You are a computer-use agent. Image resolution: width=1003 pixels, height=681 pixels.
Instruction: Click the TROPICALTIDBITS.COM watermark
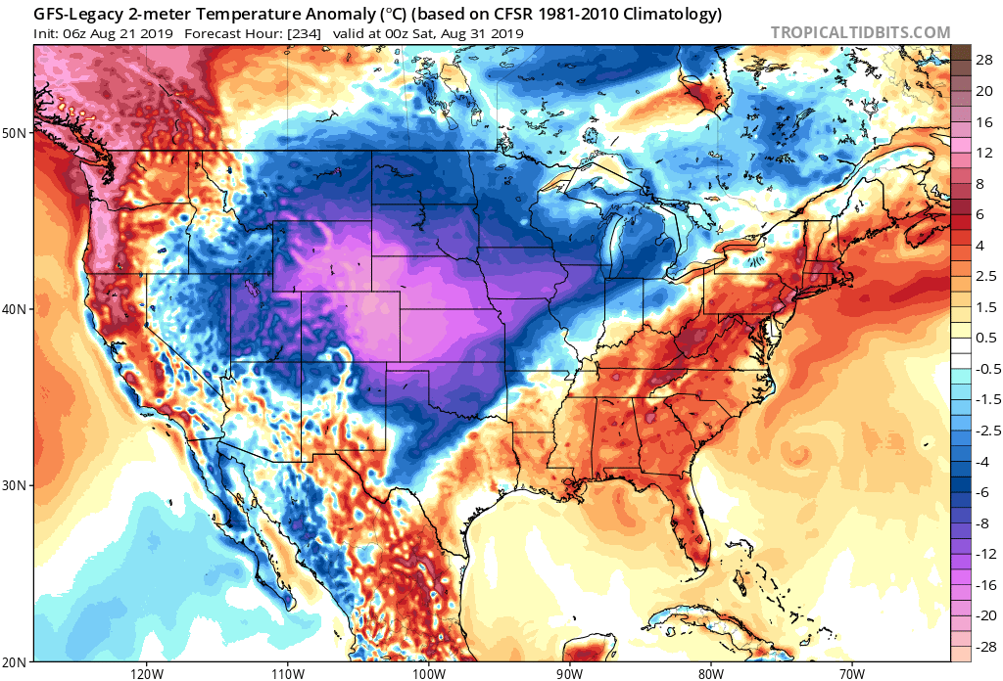860,32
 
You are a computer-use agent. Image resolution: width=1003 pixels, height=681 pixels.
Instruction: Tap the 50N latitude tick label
15,131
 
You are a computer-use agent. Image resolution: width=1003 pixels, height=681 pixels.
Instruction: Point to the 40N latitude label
15,308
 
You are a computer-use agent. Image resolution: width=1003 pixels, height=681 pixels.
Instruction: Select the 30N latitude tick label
15,485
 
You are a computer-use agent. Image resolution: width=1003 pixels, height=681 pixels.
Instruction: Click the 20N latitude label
15,661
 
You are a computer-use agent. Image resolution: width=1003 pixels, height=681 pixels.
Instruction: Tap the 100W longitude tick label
427,672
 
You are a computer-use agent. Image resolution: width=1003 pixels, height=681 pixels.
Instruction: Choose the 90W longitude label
569,672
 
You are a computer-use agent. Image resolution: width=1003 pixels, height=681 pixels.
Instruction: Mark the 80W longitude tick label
710,672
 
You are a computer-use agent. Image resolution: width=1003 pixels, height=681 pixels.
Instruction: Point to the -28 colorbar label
983,646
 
